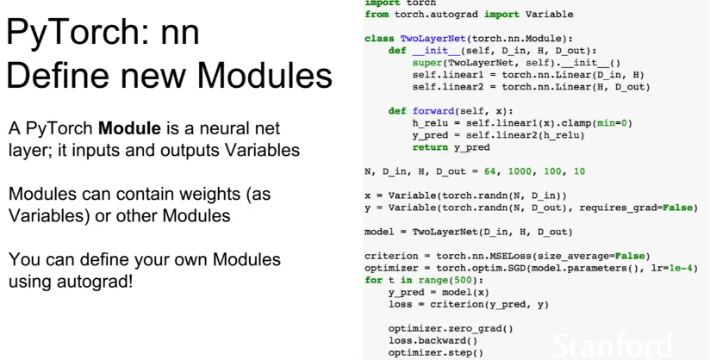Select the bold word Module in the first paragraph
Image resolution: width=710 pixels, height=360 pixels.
point(129,128)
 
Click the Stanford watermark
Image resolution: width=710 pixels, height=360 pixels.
point(613,346)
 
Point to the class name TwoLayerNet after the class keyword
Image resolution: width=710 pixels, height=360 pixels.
point(433,39)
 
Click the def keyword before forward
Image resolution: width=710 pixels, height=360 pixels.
point(397,111)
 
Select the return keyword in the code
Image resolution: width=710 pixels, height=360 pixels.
point(430,147)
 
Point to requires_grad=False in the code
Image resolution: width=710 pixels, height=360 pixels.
point(636,208)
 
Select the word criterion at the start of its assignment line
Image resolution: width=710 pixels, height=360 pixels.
point(391,256)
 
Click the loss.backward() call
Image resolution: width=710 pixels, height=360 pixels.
point(433,340)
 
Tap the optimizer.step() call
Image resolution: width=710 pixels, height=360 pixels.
point(436,352)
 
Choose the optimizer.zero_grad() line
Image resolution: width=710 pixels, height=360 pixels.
point(451,328)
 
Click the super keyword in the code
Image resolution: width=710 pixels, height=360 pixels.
point(427,63)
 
